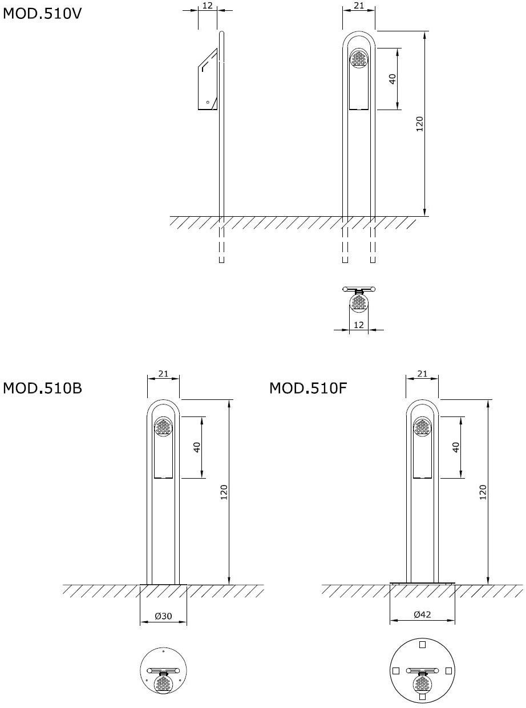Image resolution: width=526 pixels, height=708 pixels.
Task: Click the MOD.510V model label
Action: tap(43, 13)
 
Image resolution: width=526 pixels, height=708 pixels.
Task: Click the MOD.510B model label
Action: tap(43, 389)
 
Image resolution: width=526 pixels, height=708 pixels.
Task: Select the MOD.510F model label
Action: tap(308, 389)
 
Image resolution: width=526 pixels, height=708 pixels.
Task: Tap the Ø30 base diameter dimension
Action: tap(163, 616)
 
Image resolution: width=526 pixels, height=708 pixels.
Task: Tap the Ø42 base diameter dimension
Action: tap(422, 614)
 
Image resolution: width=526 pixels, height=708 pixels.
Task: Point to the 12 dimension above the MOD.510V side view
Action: tap(208, 5)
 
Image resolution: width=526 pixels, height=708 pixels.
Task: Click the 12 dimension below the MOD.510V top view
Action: tap(359, 324)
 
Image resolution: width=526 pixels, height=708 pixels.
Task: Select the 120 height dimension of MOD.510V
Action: tap(419, 124)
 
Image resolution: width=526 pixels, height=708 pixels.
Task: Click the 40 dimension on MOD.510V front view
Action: tap(393, 79)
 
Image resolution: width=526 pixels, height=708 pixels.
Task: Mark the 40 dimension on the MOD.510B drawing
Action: tap(197, 447)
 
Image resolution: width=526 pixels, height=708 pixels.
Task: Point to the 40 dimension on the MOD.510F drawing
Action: tap(456, 447)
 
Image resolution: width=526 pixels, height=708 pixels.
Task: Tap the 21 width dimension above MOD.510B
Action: tap(163, 374)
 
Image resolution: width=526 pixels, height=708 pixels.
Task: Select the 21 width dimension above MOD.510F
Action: tap(422, 374)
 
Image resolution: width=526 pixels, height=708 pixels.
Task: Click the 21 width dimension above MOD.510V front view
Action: tap(359, 5)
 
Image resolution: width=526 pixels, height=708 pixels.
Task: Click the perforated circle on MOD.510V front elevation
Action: tap(359, 58)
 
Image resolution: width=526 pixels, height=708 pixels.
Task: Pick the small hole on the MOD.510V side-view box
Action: tap(208, 103)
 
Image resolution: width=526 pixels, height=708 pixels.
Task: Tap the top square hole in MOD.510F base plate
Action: tap(422, 645)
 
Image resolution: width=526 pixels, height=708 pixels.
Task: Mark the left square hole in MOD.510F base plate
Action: tap(395, 670)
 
